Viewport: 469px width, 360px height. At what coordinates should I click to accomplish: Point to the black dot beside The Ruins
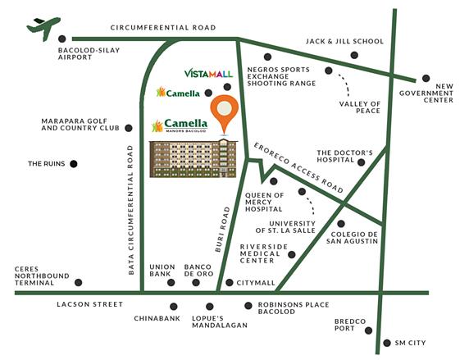click(x=73, y=164)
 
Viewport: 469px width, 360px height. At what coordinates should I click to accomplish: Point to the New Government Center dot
click(x=426, y=79)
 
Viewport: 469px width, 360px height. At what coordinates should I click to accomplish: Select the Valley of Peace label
click(x=359, y=108)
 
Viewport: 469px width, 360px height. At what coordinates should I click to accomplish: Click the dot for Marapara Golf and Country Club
click(x=129, y=128)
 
